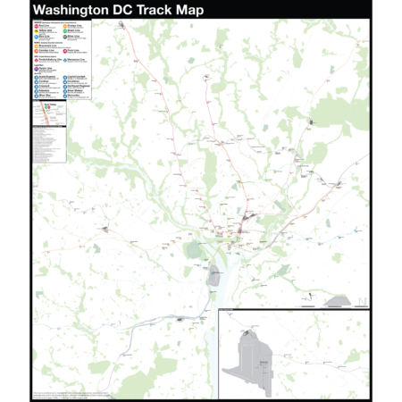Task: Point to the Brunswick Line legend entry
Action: click(45, 46)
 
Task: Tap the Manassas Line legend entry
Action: click(73, 60)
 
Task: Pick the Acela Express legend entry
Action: click(45, 77)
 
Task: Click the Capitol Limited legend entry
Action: click(74, 77)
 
